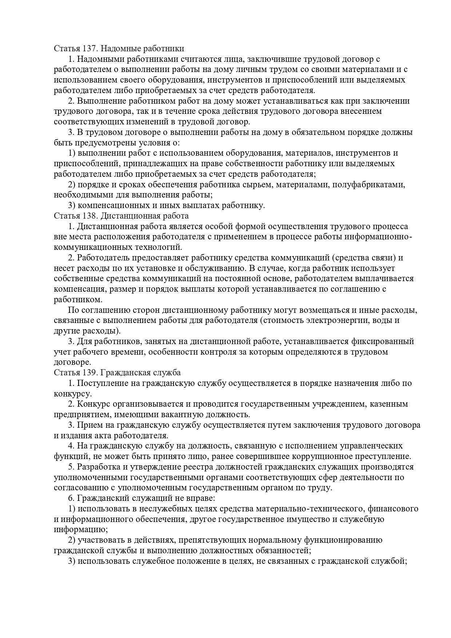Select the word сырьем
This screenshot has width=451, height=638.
coord(259,184)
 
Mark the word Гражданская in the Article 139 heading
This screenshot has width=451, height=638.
coord(122,372)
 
